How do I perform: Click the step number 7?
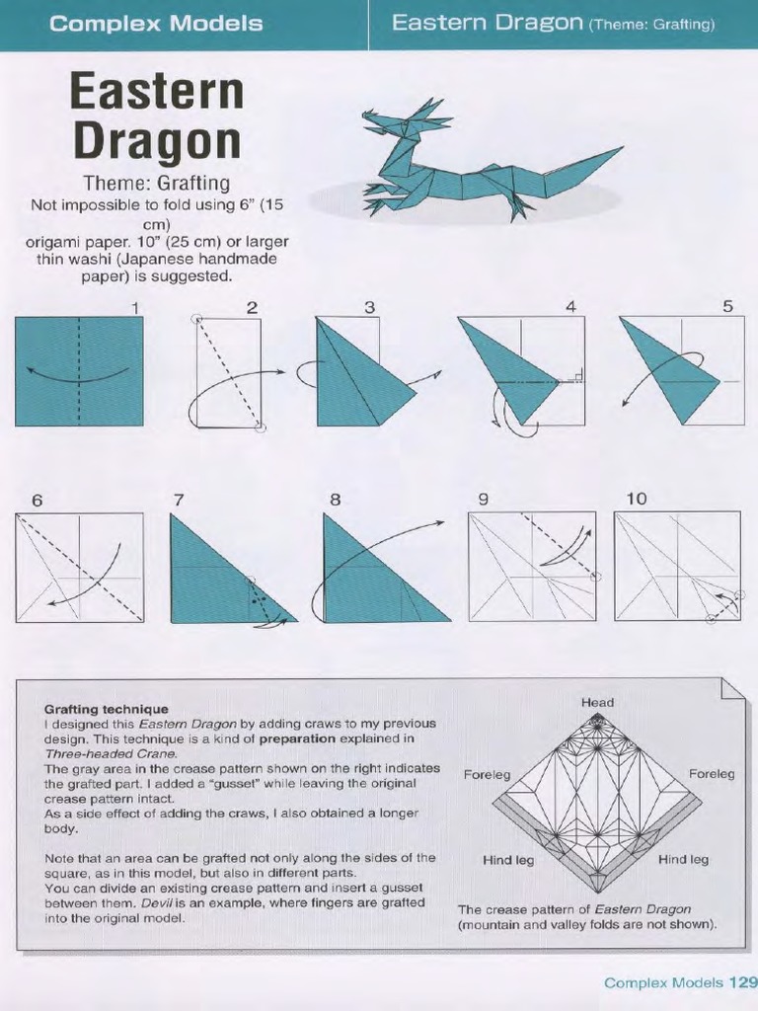[x=179, y=500]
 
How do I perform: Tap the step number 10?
[x=637, y=499]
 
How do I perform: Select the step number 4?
[x=570, y=307]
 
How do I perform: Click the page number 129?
[x=742, y=982]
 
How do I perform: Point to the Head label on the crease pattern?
[x=597, y=703]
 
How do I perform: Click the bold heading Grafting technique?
[x=107, y=709]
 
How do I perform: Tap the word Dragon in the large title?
[x=157, y=140]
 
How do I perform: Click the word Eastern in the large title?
[x=157, y=92]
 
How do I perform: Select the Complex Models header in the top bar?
[x=156, y=24]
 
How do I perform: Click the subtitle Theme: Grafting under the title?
[x=157, y=183]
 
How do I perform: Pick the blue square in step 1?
[x=79, y=371]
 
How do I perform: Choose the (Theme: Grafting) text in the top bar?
[x=651, y=24]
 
